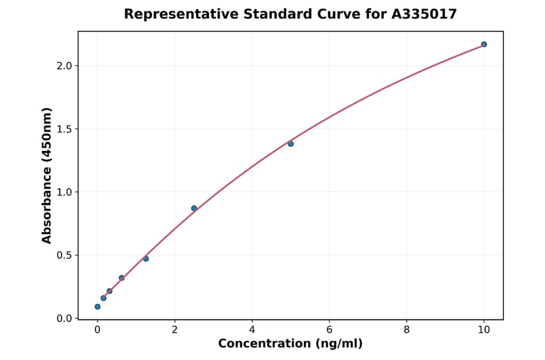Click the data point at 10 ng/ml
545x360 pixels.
[x=484, y=44]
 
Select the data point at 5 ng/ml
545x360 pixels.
[x=291, y=144]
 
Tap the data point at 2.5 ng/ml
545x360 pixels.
[x=194, y=208]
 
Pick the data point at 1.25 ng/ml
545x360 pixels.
[x=146, y=259]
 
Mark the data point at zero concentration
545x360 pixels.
[x=97, y=307]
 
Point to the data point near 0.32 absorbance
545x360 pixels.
[x=122, y=278]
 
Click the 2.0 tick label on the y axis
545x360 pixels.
[x=64, y=65]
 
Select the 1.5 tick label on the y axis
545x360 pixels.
[x=64, y=129]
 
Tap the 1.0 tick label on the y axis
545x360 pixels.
[x=64, y=192]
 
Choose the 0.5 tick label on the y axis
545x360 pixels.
[x=64, y=255]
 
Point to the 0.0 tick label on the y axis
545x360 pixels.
[x=64, y=319]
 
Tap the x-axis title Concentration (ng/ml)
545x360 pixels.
[x=291, y=344]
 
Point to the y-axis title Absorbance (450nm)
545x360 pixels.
[x=47, y=175]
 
